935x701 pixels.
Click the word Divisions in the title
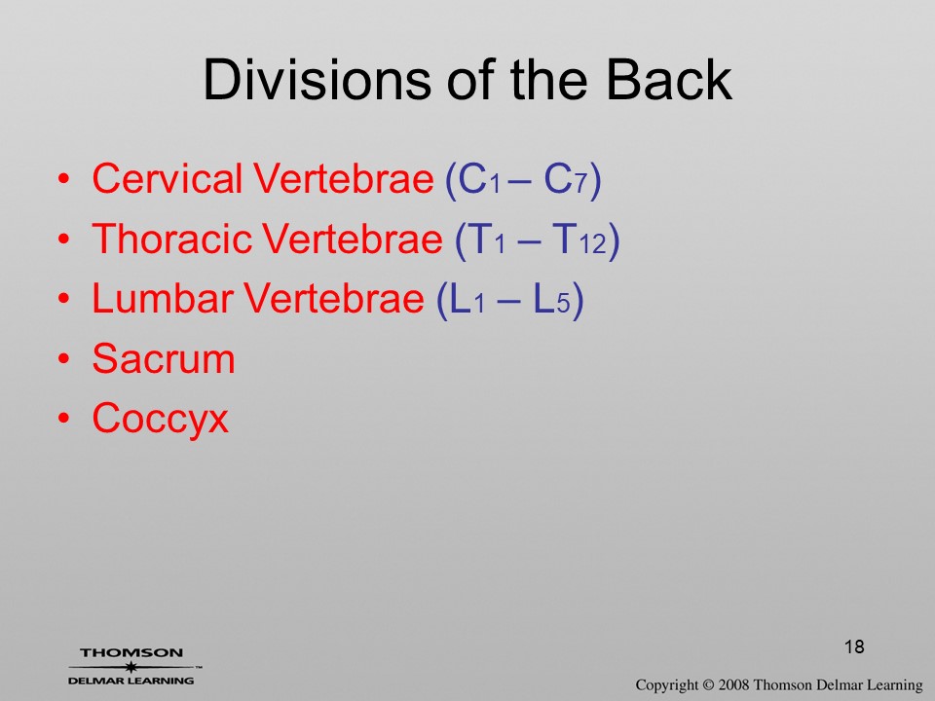tap(317, 79)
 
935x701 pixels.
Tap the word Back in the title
tap(668, 79)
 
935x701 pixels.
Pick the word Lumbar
tap(163, 298)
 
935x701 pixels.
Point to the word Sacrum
tap(164, 358)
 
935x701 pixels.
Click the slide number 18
tap(854, 646)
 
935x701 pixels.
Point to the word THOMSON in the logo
tap(131, 652)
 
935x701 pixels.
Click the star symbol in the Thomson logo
tap(130, 667)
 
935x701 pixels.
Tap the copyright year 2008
tap(733, 685)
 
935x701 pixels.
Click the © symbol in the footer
tap(708, 685)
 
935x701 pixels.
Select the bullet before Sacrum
tap(64, 359)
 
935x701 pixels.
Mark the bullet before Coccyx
tap(64, 419)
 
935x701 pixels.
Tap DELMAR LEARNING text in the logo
tap(131, 681)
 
